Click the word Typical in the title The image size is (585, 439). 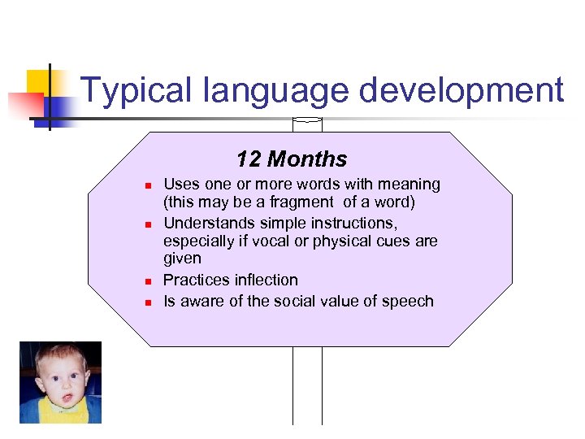[x=132, y=90]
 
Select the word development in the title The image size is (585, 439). [x=461, y=90]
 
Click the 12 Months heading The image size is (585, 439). [x=292, y=159]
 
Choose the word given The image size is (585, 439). [x=182, y=259]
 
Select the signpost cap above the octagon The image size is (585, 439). [x=307, y=124]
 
